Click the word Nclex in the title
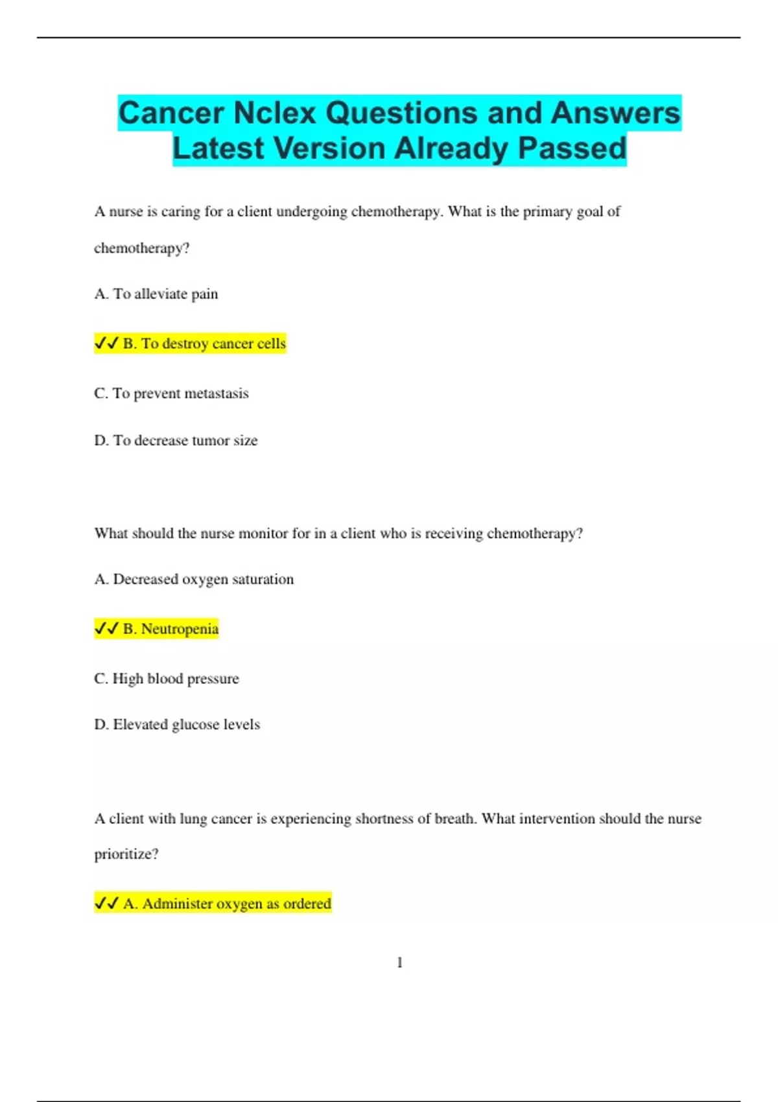(275, 113)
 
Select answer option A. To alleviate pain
(156, 294)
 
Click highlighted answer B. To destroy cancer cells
(204, 344)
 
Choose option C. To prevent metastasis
(171, 393)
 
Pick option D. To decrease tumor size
(176, 441)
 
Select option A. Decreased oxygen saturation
(194, 580)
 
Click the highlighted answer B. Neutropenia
(170, 629)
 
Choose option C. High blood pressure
(167, 679)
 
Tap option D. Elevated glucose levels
(177, 725)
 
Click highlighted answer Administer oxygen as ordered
(227, 904)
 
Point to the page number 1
(399, 963)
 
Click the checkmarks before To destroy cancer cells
(106, 343)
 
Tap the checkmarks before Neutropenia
(106, 628)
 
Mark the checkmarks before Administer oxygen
(106, 903)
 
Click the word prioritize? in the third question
(126, 854)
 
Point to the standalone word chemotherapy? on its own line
(141, 248)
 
